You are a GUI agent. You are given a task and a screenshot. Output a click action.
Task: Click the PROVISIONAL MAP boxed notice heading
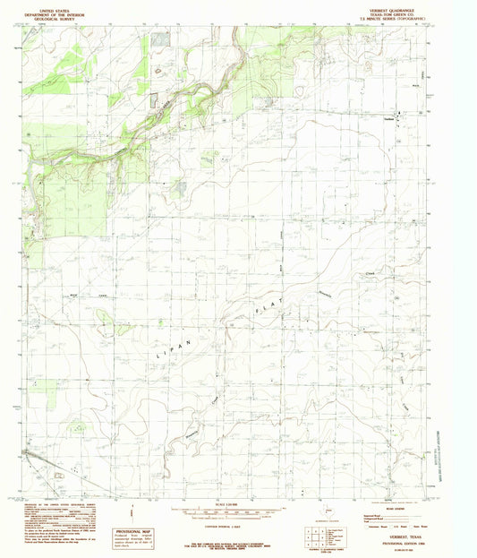click(x=134, y=530)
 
